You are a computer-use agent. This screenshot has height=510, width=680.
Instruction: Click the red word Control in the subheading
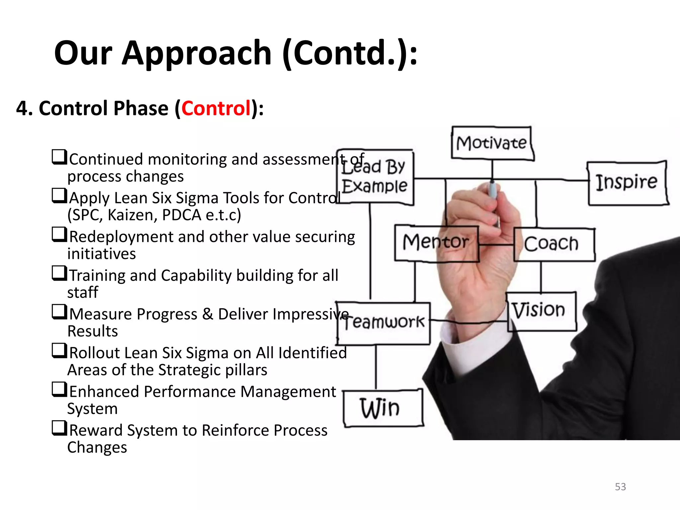[216, 108]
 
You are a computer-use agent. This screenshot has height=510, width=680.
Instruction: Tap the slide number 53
[620, 487]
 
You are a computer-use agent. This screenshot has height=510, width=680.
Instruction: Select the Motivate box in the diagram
[492, 143]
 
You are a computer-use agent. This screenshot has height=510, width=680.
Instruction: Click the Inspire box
[627, 183]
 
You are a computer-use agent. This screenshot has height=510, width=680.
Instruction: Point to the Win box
[382, 408]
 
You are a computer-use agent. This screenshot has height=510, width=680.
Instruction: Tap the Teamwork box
[384, 323]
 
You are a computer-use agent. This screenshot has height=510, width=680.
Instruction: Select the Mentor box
[436, 243]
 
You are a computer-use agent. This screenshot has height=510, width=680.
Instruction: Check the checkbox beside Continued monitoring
[59, 157]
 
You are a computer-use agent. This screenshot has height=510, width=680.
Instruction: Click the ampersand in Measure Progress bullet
[208, 314]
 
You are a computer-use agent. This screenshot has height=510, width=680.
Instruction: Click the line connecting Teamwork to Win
[376, 367]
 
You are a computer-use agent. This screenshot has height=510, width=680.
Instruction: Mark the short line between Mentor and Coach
[496, 245]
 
